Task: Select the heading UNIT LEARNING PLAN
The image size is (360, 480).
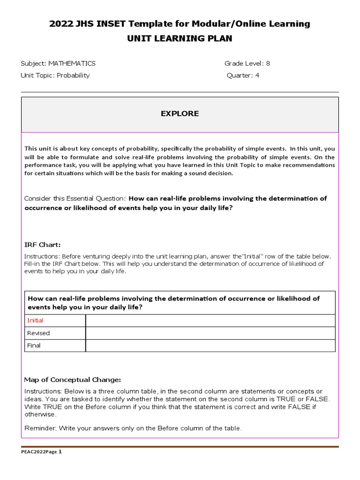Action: [x=180, y=38]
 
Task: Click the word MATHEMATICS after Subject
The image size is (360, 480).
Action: [x=72, y=63]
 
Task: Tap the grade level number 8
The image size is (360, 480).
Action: [x=268, y=63]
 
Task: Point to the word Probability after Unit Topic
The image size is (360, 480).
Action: [x=73, y=75]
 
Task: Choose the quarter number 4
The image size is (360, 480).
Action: [x=257, y=75]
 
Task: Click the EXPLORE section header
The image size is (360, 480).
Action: [x=180, y=113]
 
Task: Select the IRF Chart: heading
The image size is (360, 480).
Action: [x=42, y=245]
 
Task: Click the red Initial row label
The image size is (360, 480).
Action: [x=35, y=320]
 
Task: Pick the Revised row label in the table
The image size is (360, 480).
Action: [x=38, y=333]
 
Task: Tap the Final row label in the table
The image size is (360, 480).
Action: [x=34, y=345]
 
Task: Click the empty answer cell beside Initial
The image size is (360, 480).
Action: [x=210, y=320]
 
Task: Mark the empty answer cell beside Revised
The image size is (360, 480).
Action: [x=210, y=333]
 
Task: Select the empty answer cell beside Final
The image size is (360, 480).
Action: [x=210, y=345]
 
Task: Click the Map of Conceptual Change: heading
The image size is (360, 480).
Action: [x=72, y=379]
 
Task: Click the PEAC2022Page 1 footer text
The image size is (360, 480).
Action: [x=41, y=452]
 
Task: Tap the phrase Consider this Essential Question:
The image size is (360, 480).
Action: [x=75, y=198]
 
